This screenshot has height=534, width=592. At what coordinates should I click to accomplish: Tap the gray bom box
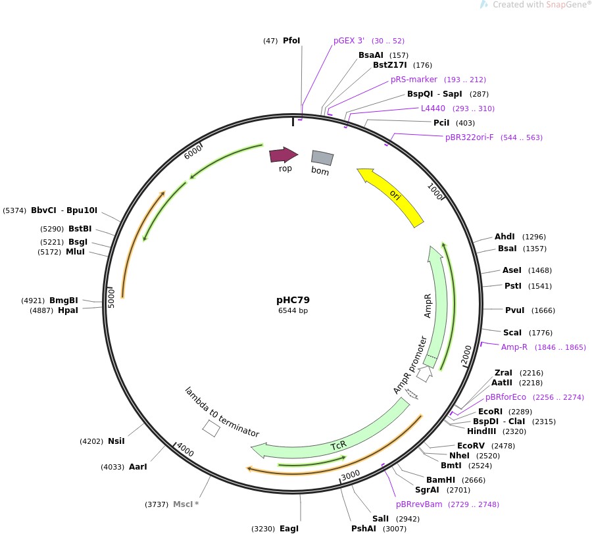(x=322, y=158)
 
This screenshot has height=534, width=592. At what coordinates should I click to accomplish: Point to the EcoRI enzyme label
(x=490, y=411)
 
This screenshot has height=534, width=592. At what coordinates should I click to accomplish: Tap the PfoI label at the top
(x=291, y=41)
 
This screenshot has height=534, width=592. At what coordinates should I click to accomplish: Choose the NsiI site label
(x=116, y=441)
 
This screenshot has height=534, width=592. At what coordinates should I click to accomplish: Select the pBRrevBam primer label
(x=418, y=504)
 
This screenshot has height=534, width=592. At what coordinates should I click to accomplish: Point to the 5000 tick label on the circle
(x=112, y=297)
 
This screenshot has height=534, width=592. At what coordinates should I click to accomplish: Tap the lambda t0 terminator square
(x=211, y=428)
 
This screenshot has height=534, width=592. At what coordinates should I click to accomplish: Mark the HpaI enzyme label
(x=68, y=310)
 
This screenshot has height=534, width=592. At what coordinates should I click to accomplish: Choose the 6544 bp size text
(x=293, y=310)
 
